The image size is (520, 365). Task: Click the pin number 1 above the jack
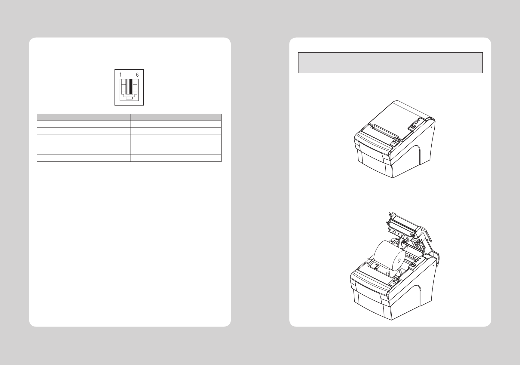pos(121,75)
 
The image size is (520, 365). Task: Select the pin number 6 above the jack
pos(137,75)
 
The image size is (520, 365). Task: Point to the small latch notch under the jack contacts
pos(129,98)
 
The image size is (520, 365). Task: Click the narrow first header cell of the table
pos(47,117)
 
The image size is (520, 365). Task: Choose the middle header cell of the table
pos(94,117)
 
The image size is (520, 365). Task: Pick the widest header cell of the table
pos(176,117)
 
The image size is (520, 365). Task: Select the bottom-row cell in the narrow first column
pos(47,158)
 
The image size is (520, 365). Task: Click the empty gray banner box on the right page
pos(390,63)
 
